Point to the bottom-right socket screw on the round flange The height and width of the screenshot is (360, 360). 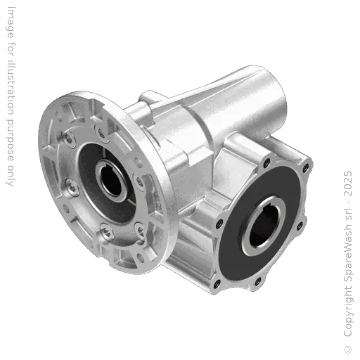140,225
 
